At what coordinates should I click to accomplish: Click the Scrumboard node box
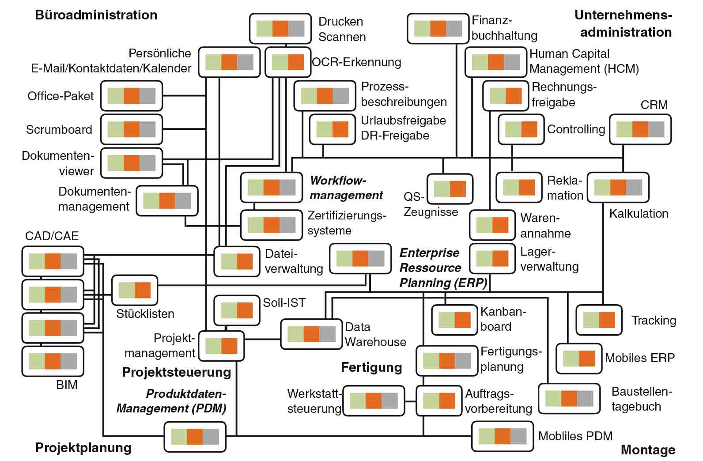point(131,129)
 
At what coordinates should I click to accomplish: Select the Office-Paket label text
point(60,96)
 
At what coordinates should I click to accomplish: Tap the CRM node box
point(640,129)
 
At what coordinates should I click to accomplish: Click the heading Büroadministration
point(96,15)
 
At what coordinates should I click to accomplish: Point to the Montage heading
point(648,450)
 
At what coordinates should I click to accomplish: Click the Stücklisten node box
point(135,290)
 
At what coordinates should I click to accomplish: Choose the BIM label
point(67,385)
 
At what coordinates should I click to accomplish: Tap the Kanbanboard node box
point(454,320)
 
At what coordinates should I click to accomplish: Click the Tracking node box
point(599,320)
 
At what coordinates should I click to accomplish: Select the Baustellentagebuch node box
point(569,398)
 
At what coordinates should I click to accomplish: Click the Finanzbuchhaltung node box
point(438,29)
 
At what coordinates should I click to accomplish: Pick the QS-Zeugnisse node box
point(450,189)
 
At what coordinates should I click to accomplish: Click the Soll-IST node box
point(237,310)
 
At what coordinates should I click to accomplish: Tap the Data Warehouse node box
point(311,334)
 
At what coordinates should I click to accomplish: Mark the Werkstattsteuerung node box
point(374,401)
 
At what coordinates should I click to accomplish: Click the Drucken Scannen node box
point(280,29)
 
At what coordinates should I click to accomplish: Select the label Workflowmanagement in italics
point(346,188)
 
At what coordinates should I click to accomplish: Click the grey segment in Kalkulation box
point(634,188)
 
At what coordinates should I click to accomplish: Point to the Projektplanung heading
point(83,447)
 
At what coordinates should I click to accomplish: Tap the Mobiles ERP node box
point(578,358)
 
